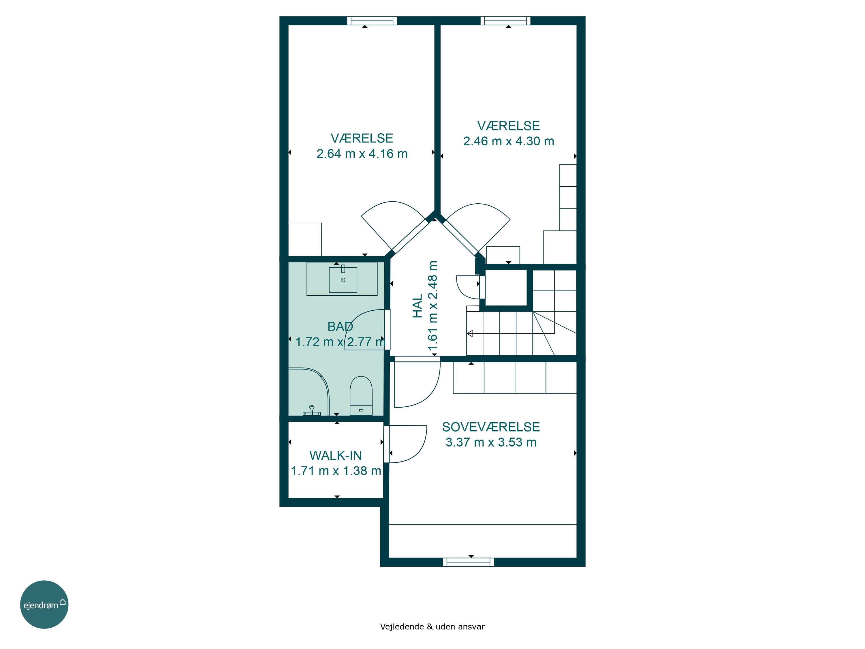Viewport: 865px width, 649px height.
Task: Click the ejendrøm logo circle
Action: (44, 604)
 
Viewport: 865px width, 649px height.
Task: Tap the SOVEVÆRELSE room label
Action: (491, 427)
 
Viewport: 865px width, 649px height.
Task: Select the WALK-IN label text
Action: (336, 455)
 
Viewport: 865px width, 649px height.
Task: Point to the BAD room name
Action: (340, 326)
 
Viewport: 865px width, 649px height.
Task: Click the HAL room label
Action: (418, 306)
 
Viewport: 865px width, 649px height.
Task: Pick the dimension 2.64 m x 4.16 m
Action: (362, 154)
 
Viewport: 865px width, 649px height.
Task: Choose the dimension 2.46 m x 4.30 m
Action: (509, 141)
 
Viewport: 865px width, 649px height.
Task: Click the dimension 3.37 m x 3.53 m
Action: (491, 442)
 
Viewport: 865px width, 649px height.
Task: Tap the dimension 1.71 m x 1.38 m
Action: (336, 471)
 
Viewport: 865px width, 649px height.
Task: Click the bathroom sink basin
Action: (343, 280)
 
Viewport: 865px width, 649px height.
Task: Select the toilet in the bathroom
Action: (361, 395)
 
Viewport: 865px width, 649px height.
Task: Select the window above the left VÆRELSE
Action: (372, 21)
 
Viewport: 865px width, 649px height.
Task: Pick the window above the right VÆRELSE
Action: (505, 21)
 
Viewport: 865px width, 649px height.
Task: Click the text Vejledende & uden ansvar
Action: (432, 626)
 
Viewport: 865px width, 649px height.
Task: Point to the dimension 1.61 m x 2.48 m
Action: (432, 306)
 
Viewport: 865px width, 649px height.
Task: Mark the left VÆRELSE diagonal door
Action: (409, 236)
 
